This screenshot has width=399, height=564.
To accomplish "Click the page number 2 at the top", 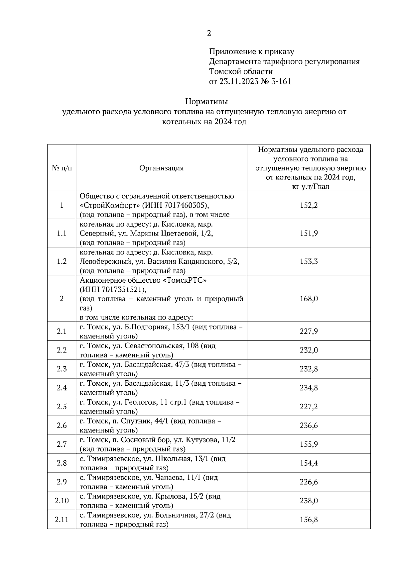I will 209,33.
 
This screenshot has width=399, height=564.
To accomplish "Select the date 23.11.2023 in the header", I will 239,82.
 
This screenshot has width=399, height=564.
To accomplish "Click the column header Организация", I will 161,168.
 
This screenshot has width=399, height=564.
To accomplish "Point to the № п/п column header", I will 62,168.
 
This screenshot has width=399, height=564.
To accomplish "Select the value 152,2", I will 309,206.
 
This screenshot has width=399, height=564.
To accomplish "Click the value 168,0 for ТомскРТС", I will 309,299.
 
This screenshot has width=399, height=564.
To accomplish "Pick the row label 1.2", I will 62,261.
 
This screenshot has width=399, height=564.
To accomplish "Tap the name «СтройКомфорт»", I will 105,206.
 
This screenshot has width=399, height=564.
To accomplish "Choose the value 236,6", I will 309,425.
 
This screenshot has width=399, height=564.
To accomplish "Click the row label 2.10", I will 62,501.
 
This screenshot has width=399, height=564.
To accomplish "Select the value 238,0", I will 309,501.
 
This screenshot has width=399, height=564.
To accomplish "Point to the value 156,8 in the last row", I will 309,519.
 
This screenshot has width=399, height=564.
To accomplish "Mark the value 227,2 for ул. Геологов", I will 309,407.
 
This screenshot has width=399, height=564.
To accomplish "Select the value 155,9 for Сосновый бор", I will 309,444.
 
